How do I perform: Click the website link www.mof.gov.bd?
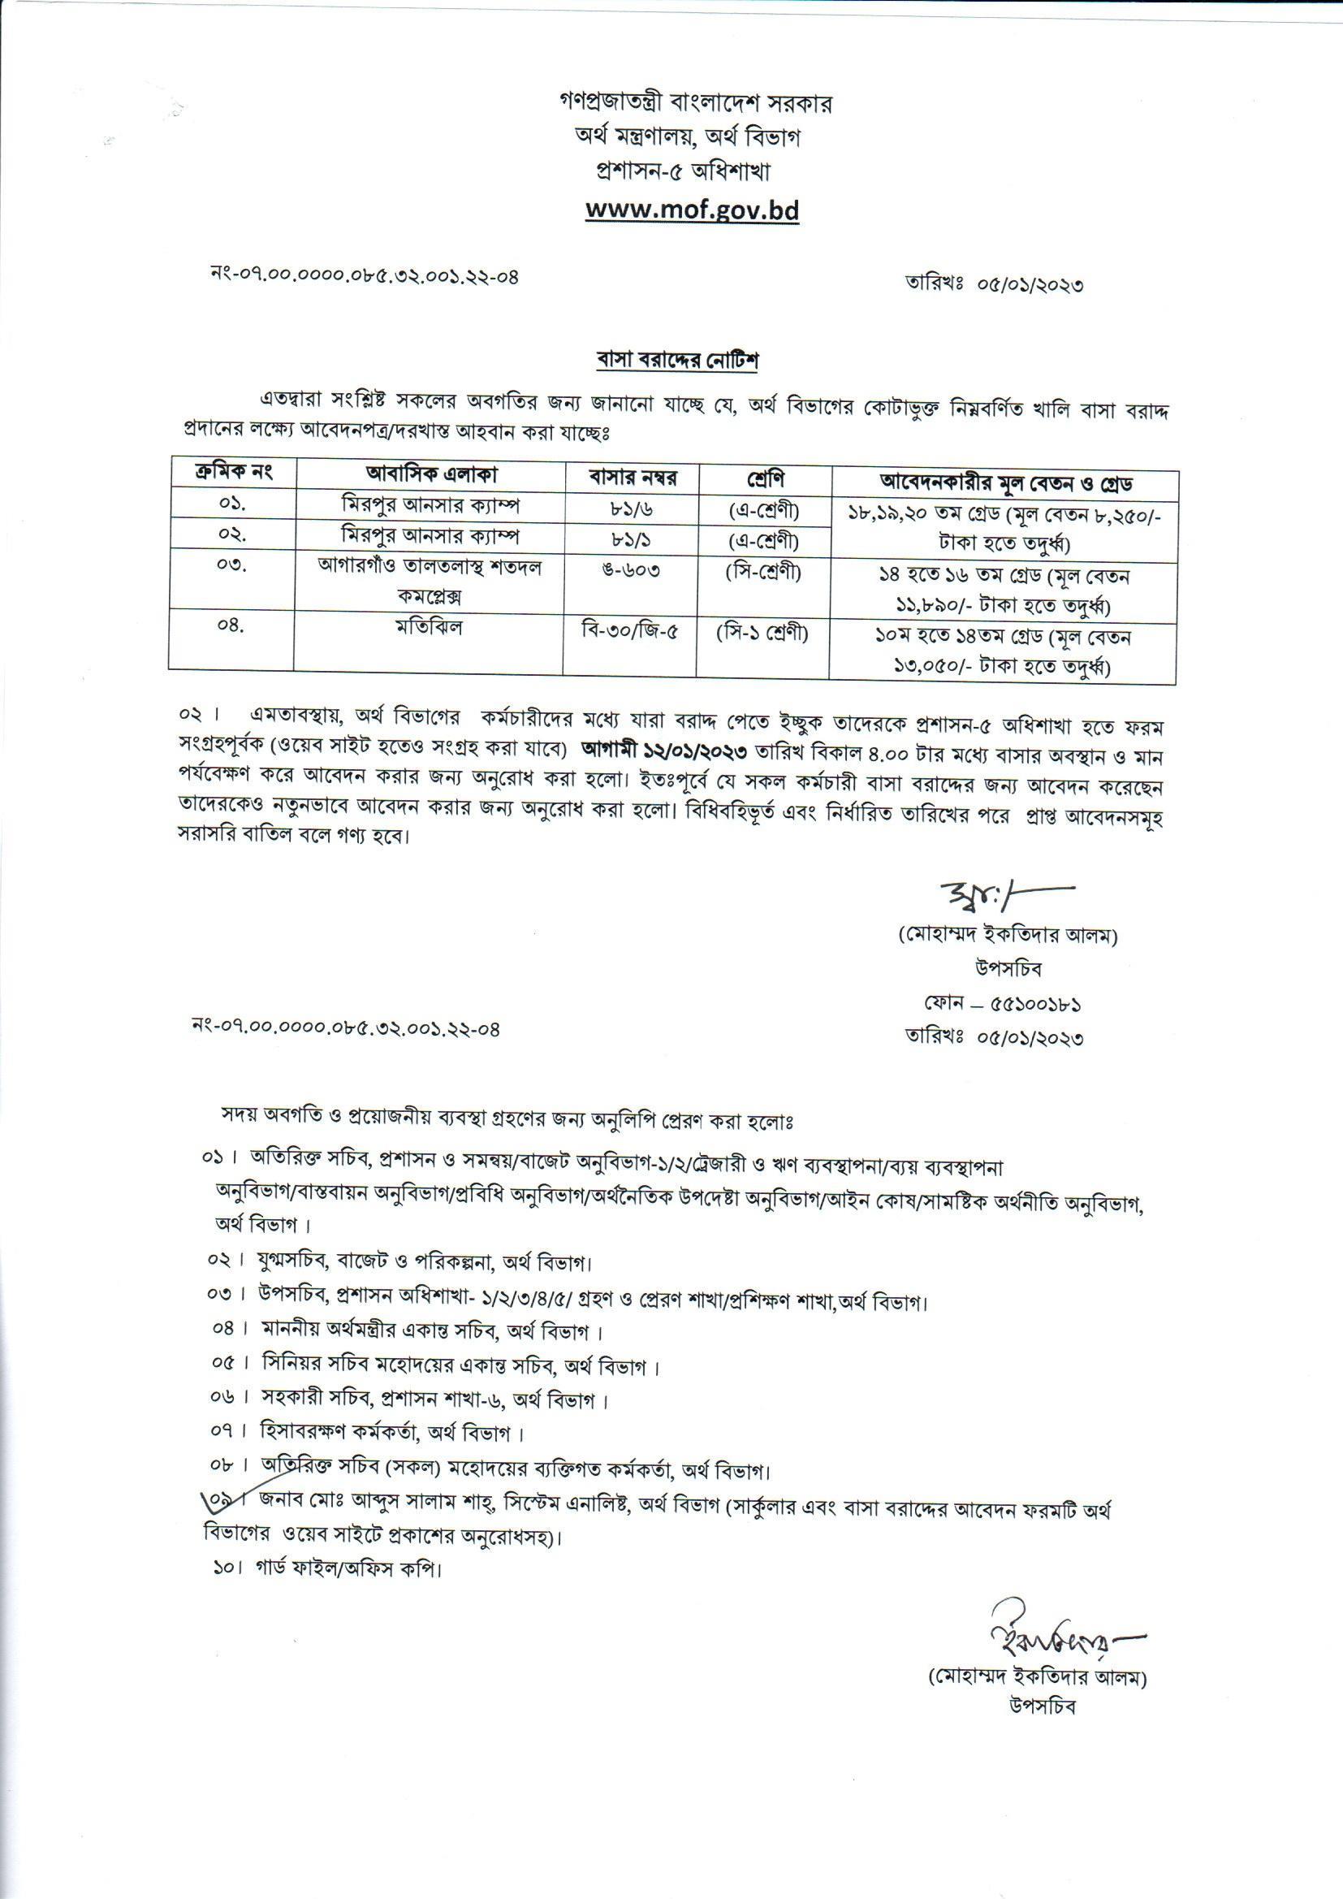pyautogui.click(x=692, y=210)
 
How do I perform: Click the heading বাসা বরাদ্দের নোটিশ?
pyautogui.click(x=677, y=361)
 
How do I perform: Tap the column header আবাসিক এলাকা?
pyautogui.click(x=432, y=474)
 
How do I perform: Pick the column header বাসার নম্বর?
pyautogui.click(x=632, y=478)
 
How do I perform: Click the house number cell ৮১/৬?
pyautogui.click(x=631, y=506)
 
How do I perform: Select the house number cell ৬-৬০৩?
pyautogui.click(x=632, y=570)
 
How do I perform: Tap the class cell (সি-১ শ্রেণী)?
pyautogui.click(x=762, y=634)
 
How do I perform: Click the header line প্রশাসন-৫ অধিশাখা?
pyautogui.click(x=683, y=172)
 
